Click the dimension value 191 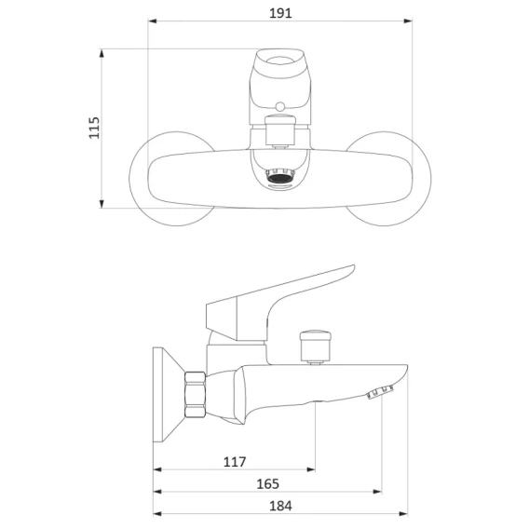click(280, 13)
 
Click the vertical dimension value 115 click(94, 128)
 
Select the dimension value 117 click(235, 462)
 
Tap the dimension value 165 click(268, 483)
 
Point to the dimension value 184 click(280, 506)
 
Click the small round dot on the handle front click(279, 107)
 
